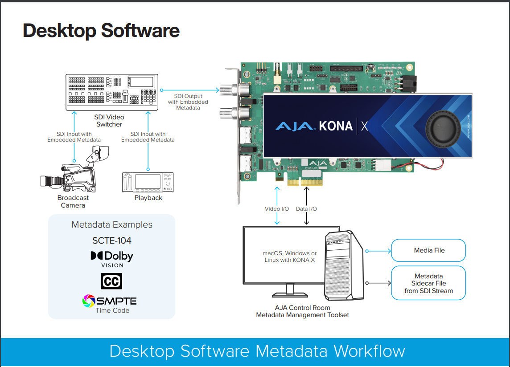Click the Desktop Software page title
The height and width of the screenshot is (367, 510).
pos(101,31)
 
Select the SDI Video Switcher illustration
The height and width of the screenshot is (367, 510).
pos(112,92)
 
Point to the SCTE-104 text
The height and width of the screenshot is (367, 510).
pos(112,241)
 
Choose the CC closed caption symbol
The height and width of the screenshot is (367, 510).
pos(111,281)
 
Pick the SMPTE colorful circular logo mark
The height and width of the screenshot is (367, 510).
pos(89,301)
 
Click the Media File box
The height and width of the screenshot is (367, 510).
pos(428,250)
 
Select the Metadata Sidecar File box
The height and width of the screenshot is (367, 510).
pos(428,283)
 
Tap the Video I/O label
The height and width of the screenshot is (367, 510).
pos(277,209)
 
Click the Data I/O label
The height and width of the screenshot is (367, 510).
pos(306,209)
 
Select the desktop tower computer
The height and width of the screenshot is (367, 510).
pos(344,265)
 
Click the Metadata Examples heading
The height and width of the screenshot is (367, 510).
pos(112,225)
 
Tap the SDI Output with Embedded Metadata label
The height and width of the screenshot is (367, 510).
pos(188,102)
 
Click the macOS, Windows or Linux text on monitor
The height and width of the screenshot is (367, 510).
pos(289,257)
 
